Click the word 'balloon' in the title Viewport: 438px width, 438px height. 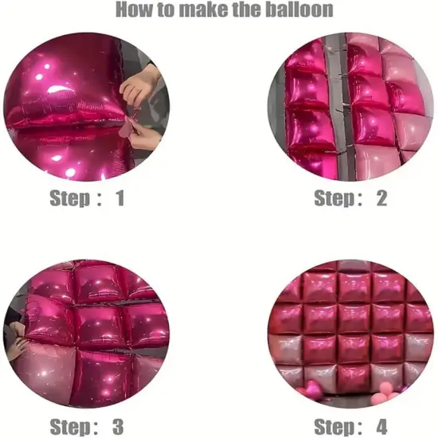click(297, 10)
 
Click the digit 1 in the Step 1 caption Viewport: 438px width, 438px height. click(119, 197)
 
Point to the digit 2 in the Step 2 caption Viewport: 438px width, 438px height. click(381, 197)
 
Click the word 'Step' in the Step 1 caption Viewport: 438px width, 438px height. click(70, 197)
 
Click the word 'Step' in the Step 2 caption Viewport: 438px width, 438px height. click(334, 197)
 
